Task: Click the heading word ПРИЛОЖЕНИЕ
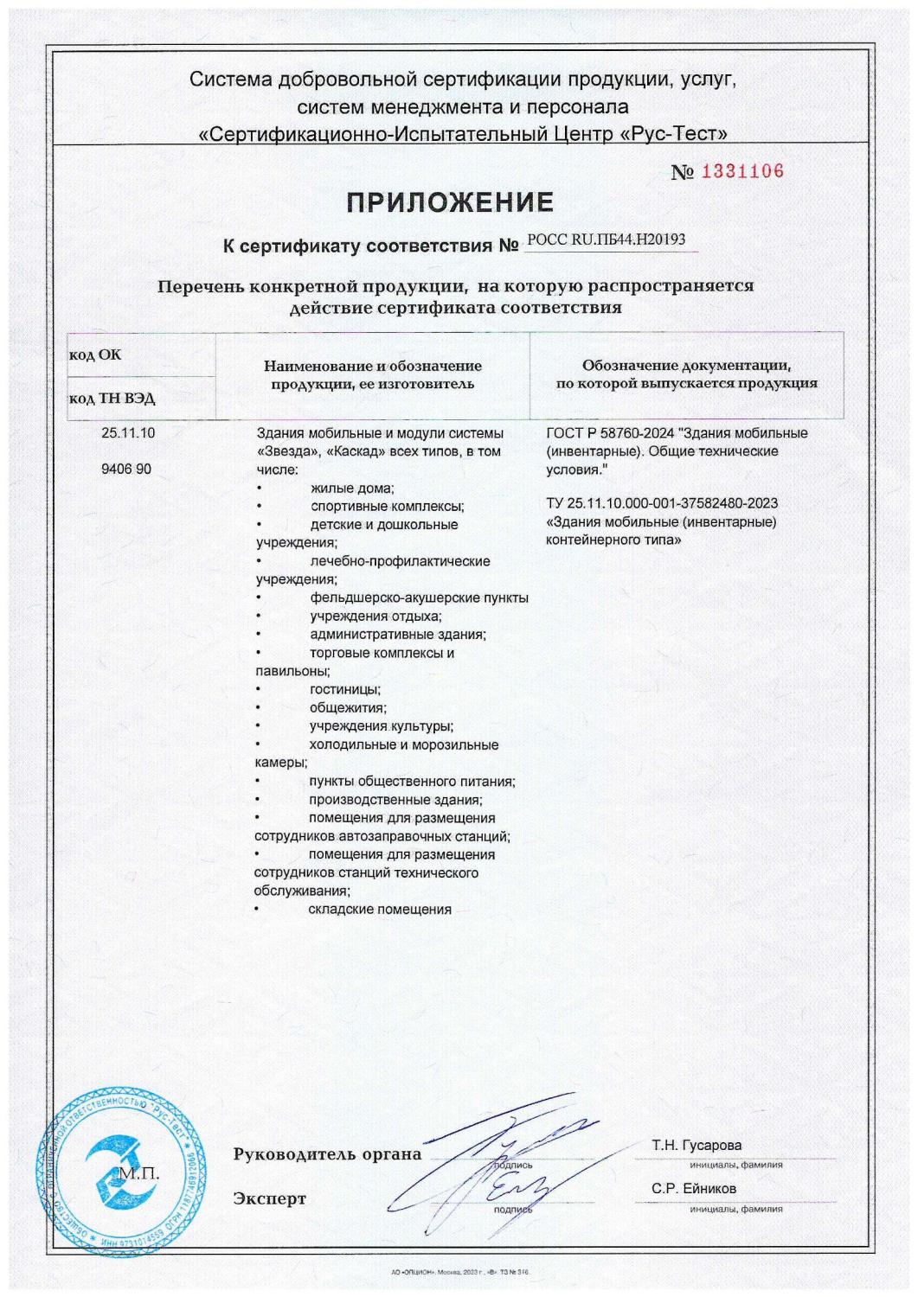pos(450,203)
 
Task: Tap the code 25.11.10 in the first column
pos(128,433)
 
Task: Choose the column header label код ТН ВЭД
pos(112,399)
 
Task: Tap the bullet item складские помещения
pos(380,909)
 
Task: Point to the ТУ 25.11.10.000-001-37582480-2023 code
pos(662,503)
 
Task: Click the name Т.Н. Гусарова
pos(697,1146)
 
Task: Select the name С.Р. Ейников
pos(694,1189)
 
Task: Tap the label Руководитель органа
pos(327,1154)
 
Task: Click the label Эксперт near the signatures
pos(269,1198)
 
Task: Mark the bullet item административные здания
pos(397,635)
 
